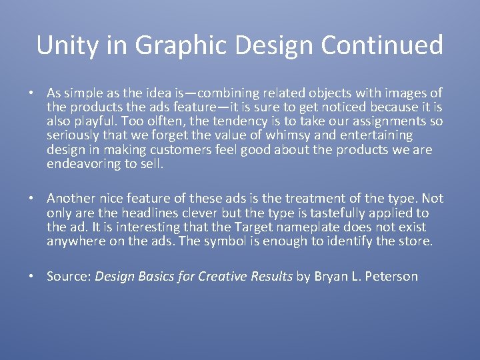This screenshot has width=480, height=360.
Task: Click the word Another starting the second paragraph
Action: click(x=71, y=199)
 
